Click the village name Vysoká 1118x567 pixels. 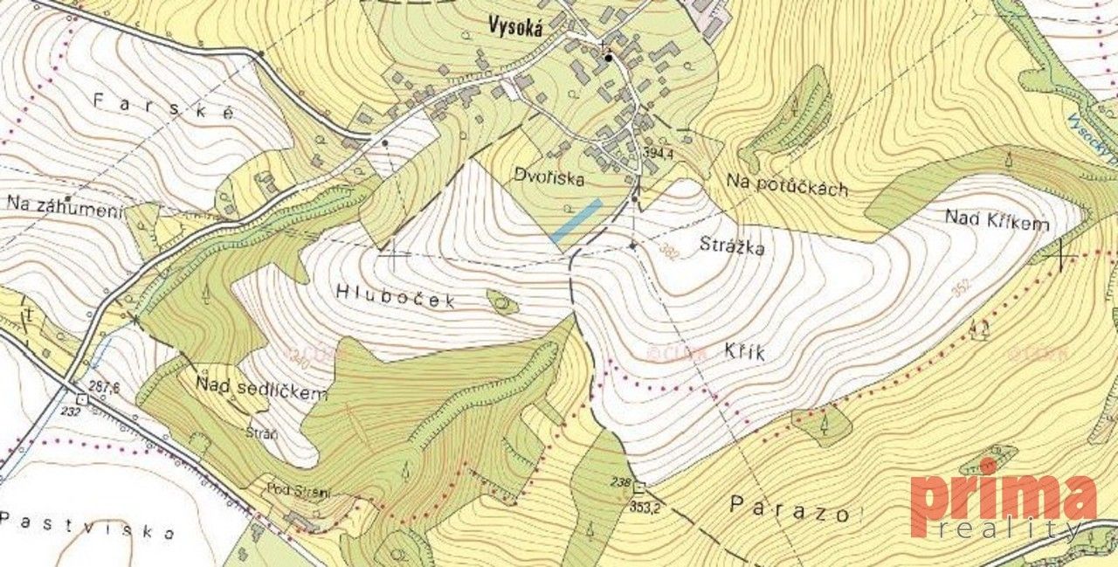[516, 28]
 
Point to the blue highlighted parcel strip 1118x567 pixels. [577, 220]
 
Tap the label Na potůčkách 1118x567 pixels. [786, 185]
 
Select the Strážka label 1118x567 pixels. [732, 247]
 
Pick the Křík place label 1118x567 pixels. [744, 352]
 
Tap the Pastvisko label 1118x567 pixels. [87, 527]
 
